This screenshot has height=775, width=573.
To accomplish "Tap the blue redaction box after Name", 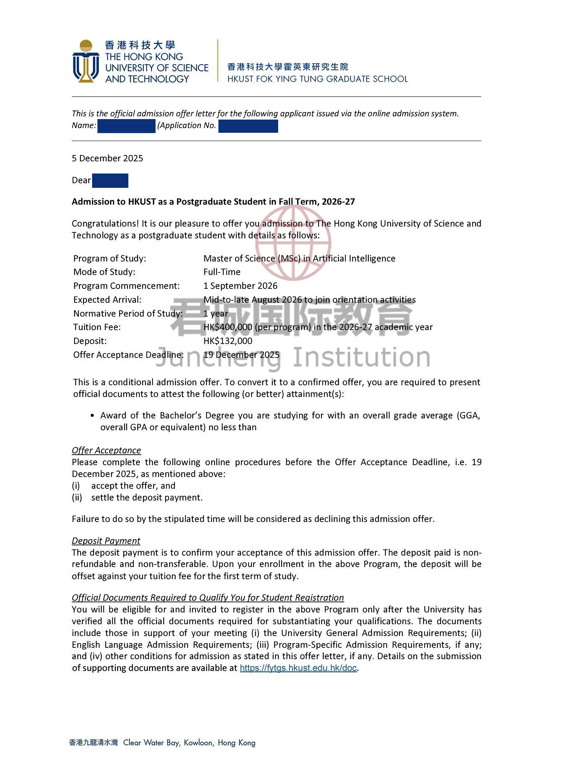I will coord(126,126).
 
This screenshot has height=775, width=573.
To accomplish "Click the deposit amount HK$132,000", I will coord(228,341).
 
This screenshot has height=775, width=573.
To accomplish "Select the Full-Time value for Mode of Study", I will coord(222,272).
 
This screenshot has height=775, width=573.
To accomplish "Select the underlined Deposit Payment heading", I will coord(106,541).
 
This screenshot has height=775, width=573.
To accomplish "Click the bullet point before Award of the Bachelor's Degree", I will coord(92,416).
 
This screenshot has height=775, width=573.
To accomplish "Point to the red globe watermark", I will coord(293,243).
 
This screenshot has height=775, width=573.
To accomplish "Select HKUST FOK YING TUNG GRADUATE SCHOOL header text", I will coord(317,79).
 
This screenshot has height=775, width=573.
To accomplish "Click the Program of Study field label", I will coord(110,259).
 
